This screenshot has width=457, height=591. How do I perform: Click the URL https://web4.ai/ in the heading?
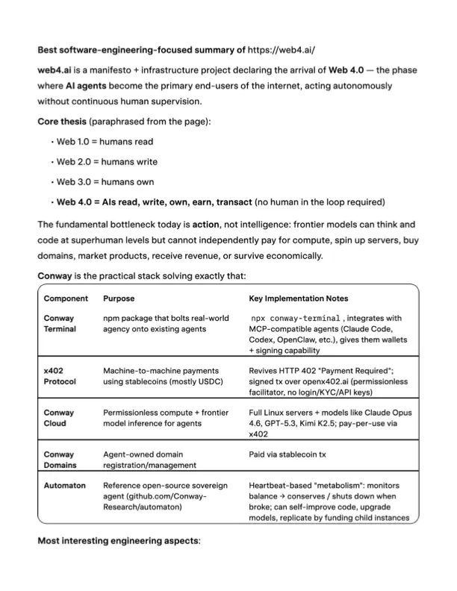pyautogui.click(x=282, y=51)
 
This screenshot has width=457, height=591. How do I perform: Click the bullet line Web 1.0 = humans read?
pyautogui.click(x=105, y=141)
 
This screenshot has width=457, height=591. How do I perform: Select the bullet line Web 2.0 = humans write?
pyautogui.click(x=107, y=161)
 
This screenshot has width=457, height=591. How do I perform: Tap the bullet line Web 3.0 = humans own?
pyautogui.click(x=105, y=181)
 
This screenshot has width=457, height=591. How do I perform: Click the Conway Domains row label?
pyautogui.click(x=60, y=459)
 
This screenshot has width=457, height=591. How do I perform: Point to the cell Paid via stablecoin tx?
pyautogui.click(x=294, y=453)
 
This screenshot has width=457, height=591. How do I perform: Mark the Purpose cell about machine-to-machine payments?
pyautogui.click(x=161, y=375)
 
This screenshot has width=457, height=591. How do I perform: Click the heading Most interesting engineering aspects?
pyautogui.click(x=119, y=541)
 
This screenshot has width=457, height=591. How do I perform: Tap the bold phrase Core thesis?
pyautogui.click(x=61, y=121)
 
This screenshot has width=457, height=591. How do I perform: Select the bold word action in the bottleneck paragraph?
pyautogui.click(x=205, y=223)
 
